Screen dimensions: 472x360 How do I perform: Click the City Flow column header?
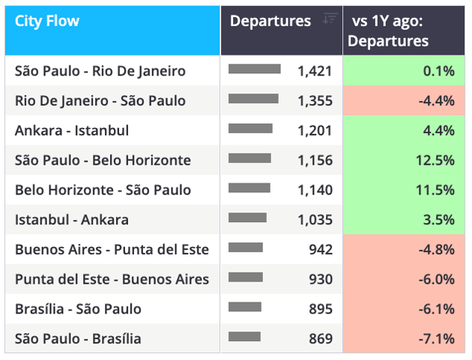(47, 21)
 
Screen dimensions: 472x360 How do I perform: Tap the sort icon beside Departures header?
(330, 19)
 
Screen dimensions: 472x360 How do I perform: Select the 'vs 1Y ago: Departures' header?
(388, 31)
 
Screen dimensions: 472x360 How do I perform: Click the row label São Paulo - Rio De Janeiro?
(100, 71)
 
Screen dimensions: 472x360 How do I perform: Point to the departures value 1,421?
(315, 71)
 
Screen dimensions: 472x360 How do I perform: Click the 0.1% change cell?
(404, 70)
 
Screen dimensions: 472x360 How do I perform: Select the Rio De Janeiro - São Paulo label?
(100, 101)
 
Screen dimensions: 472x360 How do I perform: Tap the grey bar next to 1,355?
(253, 99)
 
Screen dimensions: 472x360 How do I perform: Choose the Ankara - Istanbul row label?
(72, 130)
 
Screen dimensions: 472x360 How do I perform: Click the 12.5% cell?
(404, 160)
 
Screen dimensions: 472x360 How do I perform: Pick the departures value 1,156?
(315, 160)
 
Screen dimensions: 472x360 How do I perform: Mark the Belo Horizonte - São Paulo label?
(103, 190)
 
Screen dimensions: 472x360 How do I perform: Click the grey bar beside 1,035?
(247, 218)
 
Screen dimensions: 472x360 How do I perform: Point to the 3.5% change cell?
(404, 219)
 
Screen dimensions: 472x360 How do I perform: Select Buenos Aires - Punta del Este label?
(112, 249)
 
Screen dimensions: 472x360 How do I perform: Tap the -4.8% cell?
(404, 249)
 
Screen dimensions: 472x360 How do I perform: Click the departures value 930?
(321, 279)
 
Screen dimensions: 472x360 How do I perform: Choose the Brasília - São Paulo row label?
(78, 309)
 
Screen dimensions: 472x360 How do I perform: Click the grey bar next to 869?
(244, 337)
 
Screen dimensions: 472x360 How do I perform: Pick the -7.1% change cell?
(404, 338)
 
